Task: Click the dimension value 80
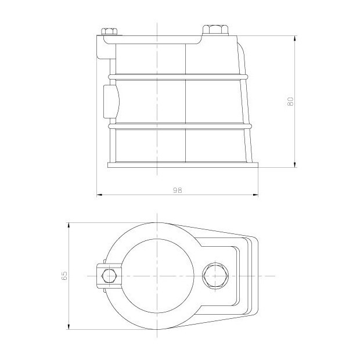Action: pos(291,100)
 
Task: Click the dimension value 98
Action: pos(178,190)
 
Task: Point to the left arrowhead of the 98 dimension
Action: pos(99,195)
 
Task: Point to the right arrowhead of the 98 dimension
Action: pos(255,195)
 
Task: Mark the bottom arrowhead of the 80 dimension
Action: pos(296,165)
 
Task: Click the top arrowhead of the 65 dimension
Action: pos(69,224)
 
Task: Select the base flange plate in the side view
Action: pos(183,165)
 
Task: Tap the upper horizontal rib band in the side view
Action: pos(180,75)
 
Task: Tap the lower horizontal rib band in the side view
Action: pos(180,125)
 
